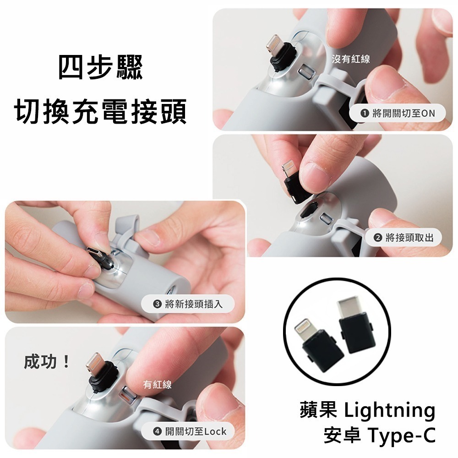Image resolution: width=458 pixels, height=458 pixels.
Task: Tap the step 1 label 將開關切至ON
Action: click(x=398, y=112)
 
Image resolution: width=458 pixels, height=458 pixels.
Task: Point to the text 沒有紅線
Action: click(x=351, y=59)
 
